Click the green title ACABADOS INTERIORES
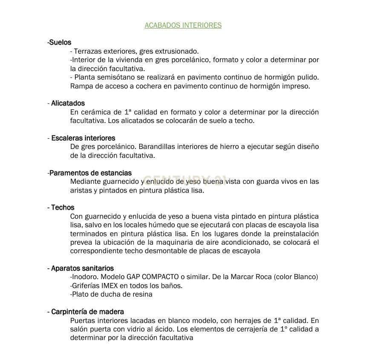(x=183, y=25)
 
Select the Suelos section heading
(x=59, y=42)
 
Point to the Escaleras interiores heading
(x=81, y=138)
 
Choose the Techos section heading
(x=61, y=207)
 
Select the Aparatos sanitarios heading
(x=81, y=268)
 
